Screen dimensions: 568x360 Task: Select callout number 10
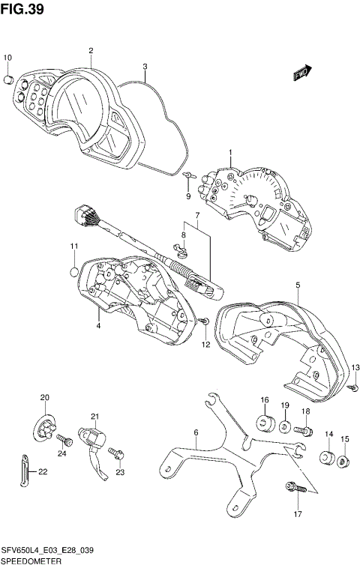(8, 58)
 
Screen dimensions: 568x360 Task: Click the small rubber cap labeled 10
(9, 79)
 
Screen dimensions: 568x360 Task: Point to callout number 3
(144, 66)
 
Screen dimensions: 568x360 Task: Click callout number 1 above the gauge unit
(230, 154)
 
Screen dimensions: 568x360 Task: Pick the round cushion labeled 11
(73, 271)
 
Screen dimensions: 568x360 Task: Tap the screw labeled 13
(353, 387)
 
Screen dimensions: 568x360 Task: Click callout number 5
(298, 285)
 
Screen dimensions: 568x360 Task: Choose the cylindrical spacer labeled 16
(265, 423)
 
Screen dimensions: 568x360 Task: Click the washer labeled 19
(286, 428)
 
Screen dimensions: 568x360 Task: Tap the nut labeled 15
(344, 461)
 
